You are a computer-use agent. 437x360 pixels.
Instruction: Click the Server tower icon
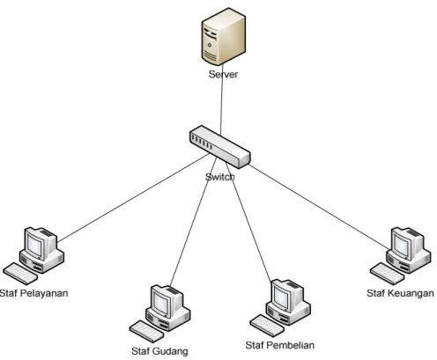tap(223, 36)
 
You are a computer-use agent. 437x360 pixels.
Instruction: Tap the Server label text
tap(223, 74)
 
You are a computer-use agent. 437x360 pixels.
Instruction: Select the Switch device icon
tap(220, 147)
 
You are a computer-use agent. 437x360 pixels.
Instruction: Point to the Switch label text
tap(220, 177)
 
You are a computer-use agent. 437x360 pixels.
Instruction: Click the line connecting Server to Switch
tap(222, 99)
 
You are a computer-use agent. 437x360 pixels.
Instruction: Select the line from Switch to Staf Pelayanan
tap(133, 198)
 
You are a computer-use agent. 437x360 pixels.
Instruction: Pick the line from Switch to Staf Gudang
tap(194, 222)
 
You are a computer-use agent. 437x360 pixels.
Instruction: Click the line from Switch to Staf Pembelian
tap(248, 222)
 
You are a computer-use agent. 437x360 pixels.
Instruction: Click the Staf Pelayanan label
tap(34, 293)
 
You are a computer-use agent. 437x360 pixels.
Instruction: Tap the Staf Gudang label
tap(159, 351)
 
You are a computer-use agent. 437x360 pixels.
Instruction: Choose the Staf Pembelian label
tap(280, 345)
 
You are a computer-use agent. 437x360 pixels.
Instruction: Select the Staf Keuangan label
tap(400, 293)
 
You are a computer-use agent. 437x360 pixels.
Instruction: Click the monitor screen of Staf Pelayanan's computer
tap(34, 246)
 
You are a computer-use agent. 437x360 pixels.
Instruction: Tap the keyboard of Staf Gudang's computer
tap(147, 331)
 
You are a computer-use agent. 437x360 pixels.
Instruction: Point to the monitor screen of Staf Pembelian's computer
tap(281, 298)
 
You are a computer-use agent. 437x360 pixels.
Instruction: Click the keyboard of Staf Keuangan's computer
tap(388, 274)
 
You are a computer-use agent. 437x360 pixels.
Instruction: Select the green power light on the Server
tap(210, 45)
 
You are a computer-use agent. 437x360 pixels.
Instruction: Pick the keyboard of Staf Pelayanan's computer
tap(20, 274)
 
